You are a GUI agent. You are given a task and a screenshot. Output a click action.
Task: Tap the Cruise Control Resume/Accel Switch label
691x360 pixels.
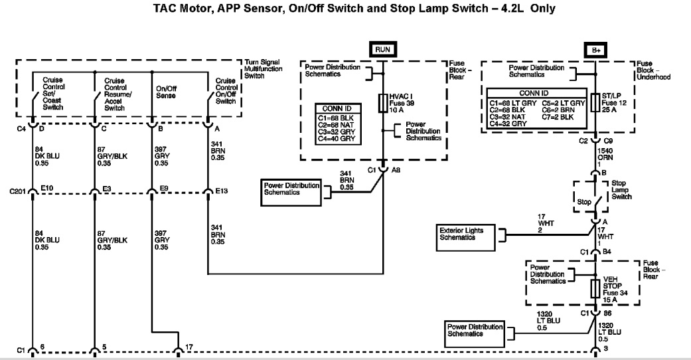[x=115, y=94]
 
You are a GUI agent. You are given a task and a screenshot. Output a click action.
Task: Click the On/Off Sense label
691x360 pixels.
[x=166, y=92]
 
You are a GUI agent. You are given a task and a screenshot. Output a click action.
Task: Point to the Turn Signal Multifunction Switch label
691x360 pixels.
[x=264, y=68]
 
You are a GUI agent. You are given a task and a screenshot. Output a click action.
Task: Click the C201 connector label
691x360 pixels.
[x=18, y=191]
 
